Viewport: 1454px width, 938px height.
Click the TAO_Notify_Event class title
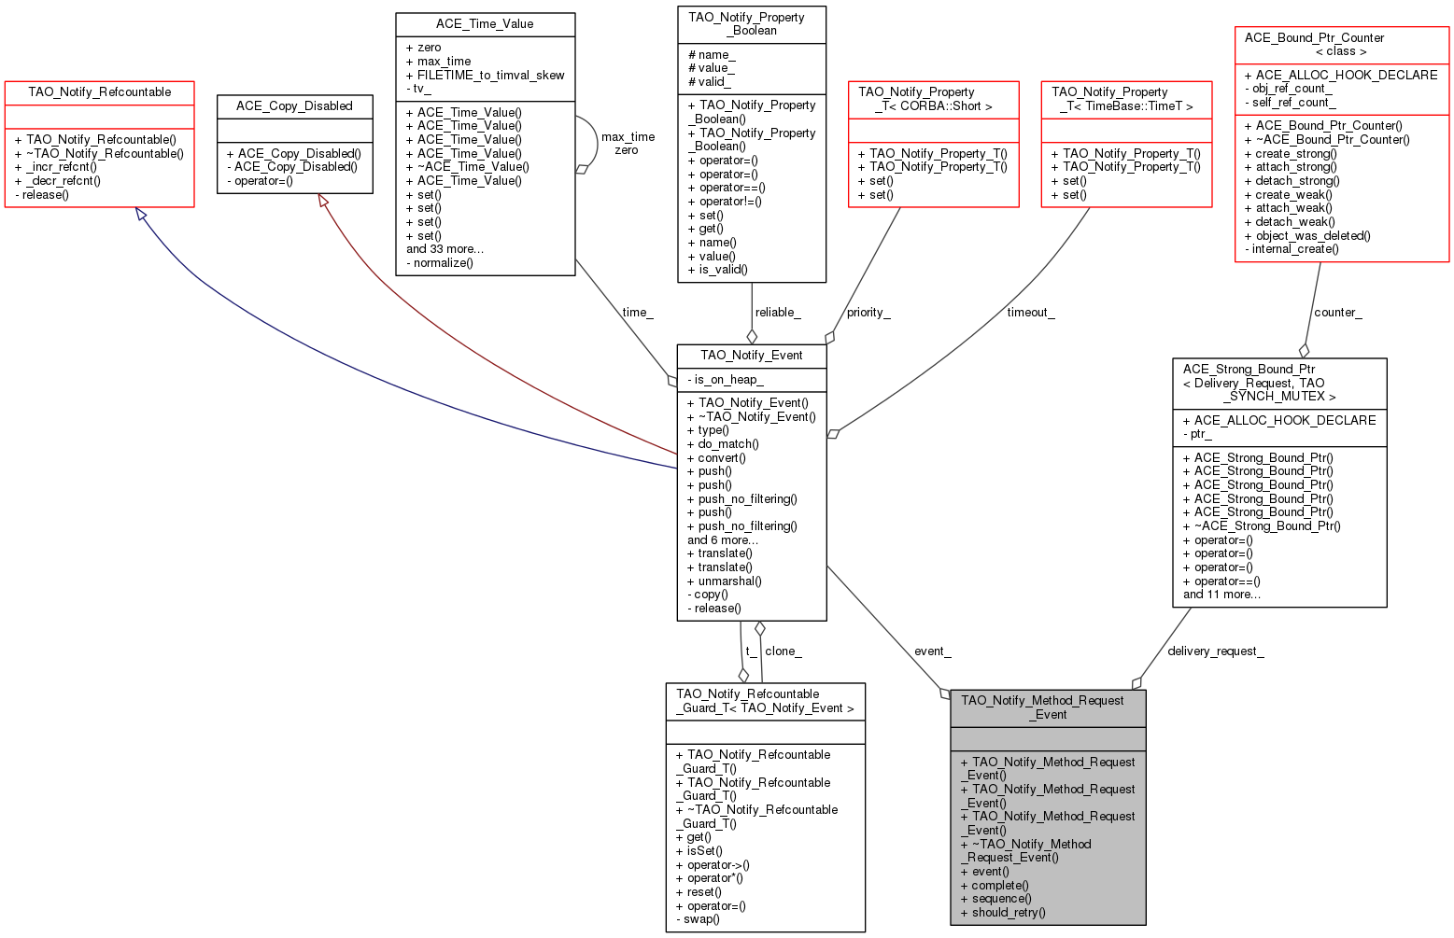tap(752, 356)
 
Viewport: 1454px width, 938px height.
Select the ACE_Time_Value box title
tap(485, 24)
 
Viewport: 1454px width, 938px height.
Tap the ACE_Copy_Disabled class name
tap(294, 106)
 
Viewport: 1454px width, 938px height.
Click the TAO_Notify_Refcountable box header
tap(100, 92)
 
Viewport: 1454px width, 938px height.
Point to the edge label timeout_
tap(1031, 313)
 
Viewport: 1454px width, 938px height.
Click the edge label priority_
tap(868, 313)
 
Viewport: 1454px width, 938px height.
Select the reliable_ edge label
tap(778, 313)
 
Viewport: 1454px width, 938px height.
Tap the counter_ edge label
tap(1337, 313)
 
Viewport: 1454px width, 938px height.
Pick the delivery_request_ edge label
tap(1216, 651)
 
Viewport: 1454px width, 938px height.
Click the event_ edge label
tap(932, 651)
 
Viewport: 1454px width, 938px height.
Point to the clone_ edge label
tap(783, 651)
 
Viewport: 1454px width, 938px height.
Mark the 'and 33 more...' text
tap(445, 249)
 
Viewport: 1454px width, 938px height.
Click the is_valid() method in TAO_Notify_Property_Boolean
tap(723, 270)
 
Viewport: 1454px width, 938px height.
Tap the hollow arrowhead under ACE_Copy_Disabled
tap(322, 201)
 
